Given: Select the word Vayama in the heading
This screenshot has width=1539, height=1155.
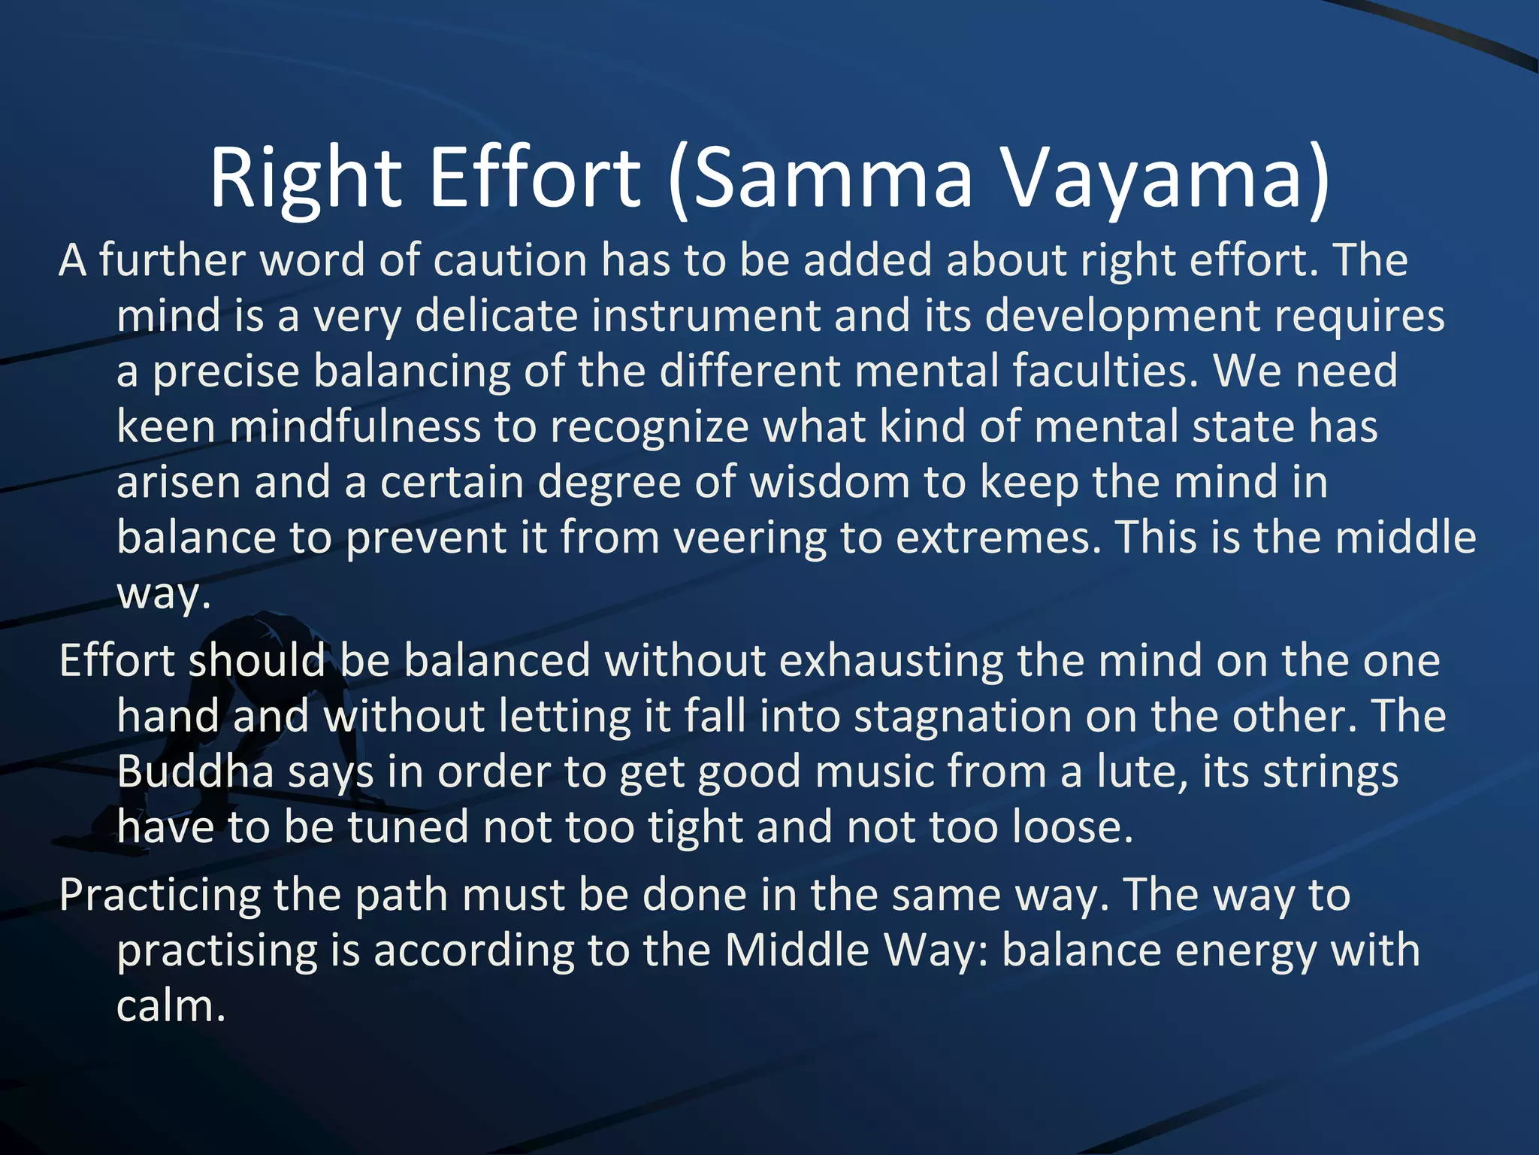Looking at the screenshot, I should [x=1166, y=179].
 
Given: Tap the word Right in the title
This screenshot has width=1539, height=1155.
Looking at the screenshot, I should [x=304, y=179].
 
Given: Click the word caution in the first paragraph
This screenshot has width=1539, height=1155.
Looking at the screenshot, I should [x=510, y=260].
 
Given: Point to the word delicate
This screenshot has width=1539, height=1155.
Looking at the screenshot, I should [x=496, y=315].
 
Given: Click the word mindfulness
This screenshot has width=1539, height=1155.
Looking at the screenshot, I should [x=355, y=426].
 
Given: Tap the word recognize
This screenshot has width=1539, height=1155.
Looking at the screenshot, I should [x=649, y=426].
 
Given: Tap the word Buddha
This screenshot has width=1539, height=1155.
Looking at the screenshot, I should [x=195, y=772].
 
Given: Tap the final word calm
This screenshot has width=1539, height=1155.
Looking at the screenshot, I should [x=171, y=1006].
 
